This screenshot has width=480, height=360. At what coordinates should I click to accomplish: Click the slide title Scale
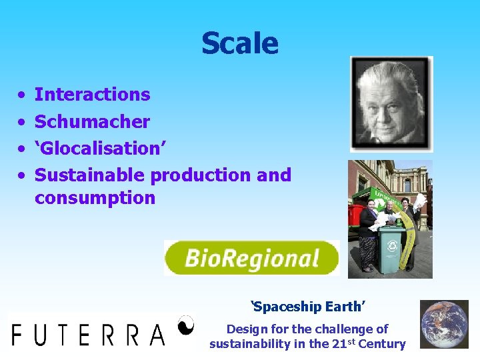(x=240, y=43)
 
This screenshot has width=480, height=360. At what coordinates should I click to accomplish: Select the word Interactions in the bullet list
(x=92, y=95)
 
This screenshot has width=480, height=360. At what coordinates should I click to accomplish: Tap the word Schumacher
(x=92, y=121)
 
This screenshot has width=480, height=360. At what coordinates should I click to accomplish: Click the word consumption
(x=95, y=198)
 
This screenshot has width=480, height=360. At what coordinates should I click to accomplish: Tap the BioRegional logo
(x=251, y=258)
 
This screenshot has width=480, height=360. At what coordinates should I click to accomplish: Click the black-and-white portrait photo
(x=391, y=104)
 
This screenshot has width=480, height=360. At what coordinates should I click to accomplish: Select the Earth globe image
(x=443, y=324)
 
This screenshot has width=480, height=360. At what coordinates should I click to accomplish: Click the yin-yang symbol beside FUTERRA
(x=186, y=325)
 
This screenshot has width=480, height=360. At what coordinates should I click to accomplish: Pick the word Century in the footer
(x=382, y=344)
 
